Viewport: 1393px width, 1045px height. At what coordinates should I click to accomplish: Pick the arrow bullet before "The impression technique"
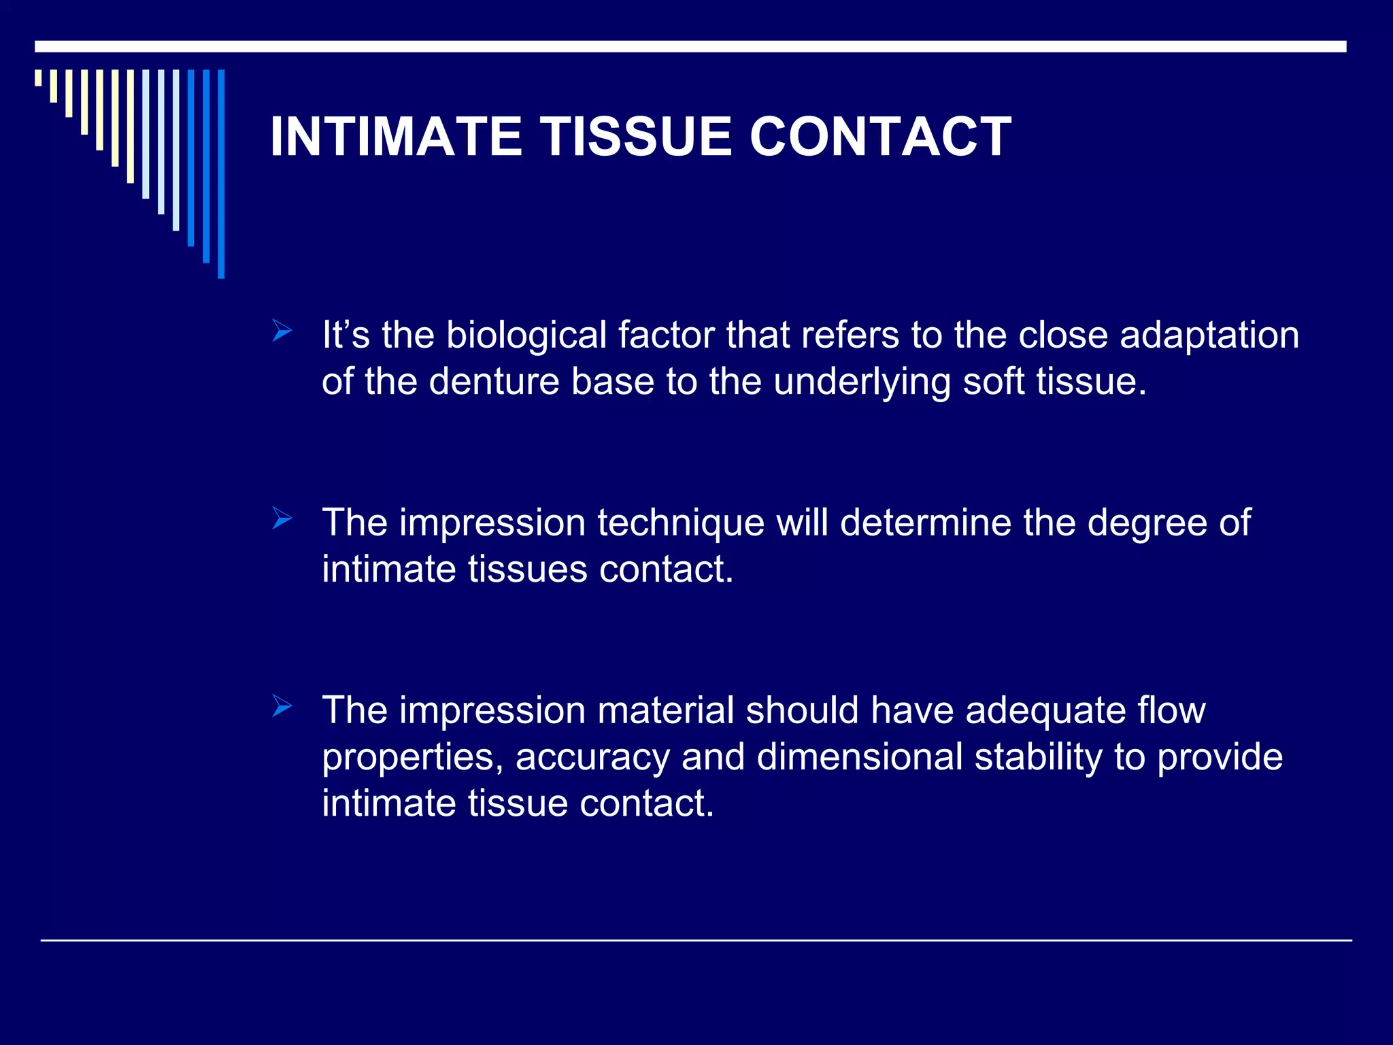(x=282, y=519)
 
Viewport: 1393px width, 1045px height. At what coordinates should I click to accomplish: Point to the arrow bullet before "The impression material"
(x=282, y=706)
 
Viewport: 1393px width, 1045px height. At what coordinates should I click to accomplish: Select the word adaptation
(x=1209, y=336)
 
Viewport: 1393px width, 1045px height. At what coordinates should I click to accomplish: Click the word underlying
(x=862, y=382)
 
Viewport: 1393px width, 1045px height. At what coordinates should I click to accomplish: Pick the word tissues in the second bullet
(x=527, y=569)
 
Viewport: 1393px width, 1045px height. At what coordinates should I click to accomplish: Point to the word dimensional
(x=859, y=757)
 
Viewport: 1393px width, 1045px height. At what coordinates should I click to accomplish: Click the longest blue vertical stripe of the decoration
(x=221, y=173)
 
